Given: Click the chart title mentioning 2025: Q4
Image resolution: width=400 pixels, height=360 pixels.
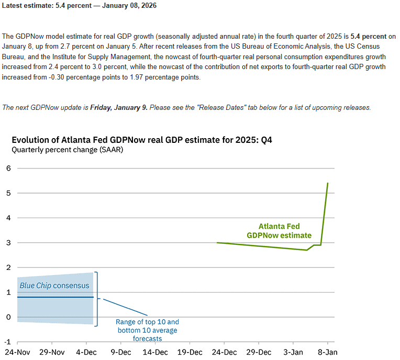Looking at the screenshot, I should [x=141, y=140].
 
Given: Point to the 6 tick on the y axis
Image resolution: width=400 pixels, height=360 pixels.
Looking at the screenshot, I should [x=8, y=168].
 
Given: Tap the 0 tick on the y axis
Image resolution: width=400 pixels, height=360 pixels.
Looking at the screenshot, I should [x=8, y=317].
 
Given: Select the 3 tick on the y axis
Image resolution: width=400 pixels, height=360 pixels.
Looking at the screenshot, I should [x=8, y=243].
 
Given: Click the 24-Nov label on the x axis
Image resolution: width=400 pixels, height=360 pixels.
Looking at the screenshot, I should [x=17, y=352].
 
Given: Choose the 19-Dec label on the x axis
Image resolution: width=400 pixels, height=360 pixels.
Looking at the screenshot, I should [x=190, y=352].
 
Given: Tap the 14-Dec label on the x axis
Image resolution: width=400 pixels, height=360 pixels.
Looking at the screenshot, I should [x=155, y=352].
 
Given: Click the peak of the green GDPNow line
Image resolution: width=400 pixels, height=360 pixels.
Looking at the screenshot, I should [x=328, y=183].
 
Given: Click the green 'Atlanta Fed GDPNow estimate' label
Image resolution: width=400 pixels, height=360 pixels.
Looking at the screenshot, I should [x=279, y=231].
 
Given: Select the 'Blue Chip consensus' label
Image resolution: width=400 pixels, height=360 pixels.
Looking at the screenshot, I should [x=54, y=286].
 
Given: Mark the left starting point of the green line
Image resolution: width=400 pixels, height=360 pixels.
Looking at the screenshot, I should [x=217, y=243].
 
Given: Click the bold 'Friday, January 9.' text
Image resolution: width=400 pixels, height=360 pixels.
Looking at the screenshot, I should [x=119, y=107].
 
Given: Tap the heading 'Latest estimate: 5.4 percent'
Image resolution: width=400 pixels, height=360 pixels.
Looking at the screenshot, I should [x=79, y=6].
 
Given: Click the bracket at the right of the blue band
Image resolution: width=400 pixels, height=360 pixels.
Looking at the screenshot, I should [x=96, y=298].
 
